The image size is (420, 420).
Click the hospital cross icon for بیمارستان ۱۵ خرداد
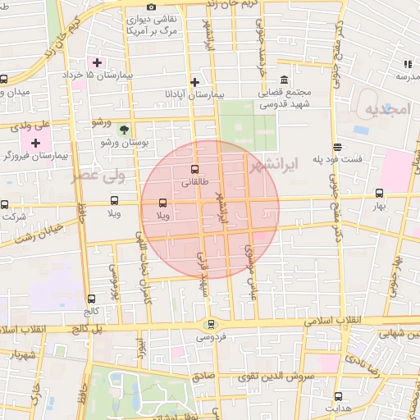click(x=97, y=62)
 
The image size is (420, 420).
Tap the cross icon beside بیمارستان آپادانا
click(x=194, y=82)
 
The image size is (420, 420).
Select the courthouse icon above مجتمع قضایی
click(x=284, y=80)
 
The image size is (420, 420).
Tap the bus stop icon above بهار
click(x=378, y=194)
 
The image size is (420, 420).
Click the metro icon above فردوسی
click(x=212, y=325)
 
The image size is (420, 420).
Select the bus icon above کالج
click(x=90, y=299)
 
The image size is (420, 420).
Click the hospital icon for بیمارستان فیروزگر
click(x=35, y=143)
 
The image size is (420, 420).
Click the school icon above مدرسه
click(x=407, y=64)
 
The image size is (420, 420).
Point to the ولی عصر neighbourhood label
click(x=82, y=175)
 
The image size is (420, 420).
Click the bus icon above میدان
click(x=4, y=80)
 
